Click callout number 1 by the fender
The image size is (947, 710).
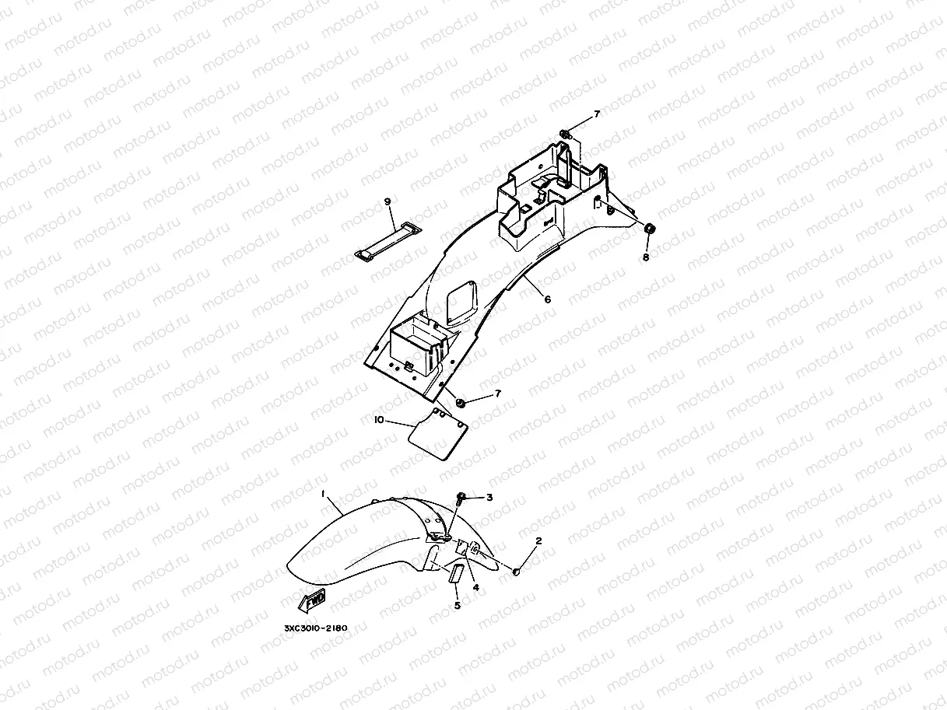tap(323, 493)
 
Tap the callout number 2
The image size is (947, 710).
tap(538, 540)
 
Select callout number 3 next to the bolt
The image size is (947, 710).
tap(489, 497)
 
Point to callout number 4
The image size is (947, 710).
tap(476, 588)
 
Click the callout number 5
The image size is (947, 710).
tap(458, 605)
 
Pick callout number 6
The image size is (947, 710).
tap(547, 299)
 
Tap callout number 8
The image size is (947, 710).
tap(644, 256)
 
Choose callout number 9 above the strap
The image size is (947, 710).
tap(388, 201)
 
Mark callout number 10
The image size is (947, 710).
tap(379, 420)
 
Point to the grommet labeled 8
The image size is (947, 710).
tap(649, 229)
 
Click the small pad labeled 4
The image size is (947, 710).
tap(461, 547)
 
